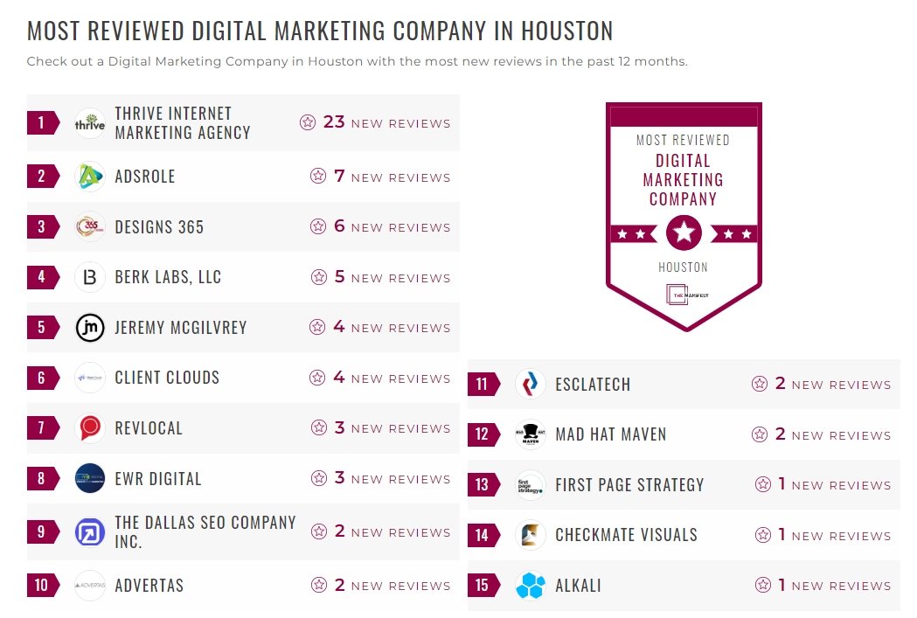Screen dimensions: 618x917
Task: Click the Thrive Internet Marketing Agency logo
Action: click(x=90, y=123)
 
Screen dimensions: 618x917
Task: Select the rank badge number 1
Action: click(x=41, y=122)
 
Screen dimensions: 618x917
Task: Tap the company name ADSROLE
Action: click(x=145, y=177)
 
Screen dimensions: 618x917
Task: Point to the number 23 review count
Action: click(x=334, y=122)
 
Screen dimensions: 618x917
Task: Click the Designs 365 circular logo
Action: click(x=90, y=227)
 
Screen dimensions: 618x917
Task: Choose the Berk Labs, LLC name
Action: click(x=168, y=277)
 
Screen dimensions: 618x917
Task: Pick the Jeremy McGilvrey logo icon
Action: click(x=90, y=328)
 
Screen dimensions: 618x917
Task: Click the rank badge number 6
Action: click(x=41, y=378)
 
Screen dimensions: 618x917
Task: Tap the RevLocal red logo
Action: click(x=90, y=428)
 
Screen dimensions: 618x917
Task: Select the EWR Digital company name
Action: click(x=158, y=479)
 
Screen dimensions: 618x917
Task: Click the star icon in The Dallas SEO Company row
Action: click(x=318, y=531)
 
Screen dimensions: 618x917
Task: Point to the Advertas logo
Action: click(x=90, y=586)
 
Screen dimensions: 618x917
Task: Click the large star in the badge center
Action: click(x=684, y=233)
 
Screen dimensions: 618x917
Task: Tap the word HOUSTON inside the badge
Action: click(x=683, y=267)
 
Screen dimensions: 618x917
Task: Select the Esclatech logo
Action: click(x=531, y=385)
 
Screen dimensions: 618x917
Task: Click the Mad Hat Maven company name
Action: click(x=611, y=434)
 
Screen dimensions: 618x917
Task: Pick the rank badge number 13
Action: click(x=482, y=485)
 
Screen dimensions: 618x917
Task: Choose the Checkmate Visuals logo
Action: click(x=531, y=535)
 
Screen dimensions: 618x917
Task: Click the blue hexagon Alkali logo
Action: click(x=531, y=586)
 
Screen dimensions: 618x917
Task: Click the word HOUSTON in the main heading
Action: click(x=566, y=31)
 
